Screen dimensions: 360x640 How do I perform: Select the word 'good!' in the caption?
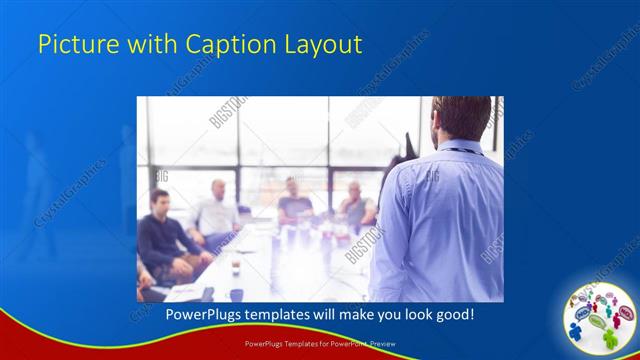coord(450,314)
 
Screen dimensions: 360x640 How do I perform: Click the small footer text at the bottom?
coord(320,343)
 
